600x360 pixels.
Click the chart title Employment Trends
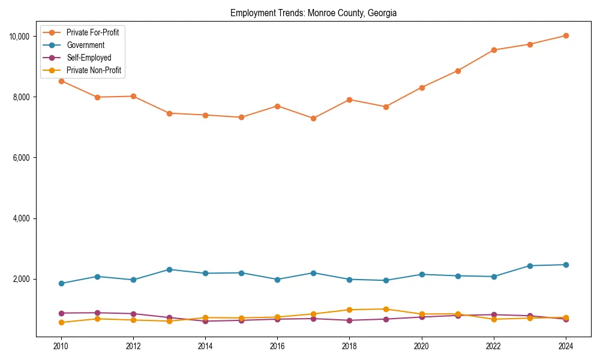point(313,13)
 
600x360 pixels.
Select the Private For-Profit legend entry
point(92,32)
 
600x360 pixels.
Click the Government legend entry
point(85,45)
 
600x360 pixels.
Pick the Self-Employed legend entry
point(89,58)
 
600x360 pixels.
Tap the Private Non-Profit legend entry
point(94,70)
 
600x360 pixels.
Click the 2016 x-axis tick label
point(277,346)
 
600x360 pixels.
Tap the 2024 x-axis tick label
point(566,346)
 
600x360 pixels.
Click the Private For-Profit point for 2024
point(566,36)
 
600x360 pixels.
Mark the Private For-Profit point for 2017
point(313,118)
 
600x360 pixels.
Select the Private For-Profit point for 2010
point(61,81)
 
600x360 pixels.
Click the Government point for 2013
point(169,269)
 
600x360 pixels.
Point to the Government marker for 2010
point(61,283)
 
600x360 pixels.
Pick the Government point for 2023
point(530,266)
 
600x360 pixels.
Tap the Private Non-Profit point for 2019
point(386,309)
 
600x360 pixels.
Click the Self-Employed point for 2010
point(61,313)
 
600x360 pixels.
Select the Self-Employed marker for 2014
point(205,321)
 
